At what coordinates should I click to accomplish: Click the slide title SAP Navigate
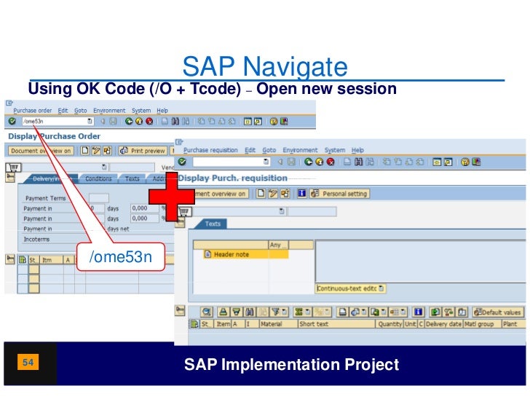coord(265,68)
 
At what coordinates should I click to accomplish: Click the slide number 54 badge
coord(29,362)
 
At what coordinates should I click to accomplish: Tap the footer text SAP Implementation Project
coord(291,364)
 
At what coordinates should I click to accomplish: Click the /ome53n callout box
coord(120,257)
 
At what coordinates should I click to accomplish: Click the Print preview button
coord(143,151)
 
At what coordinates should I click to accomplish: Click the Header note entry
coord(231,254)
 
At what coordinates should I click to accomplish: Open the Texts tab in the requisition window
coord(213,224)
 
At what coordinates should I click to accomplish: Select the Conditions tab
coord(98,178)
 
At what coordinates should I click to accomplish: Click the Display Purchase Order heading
coord(54,136)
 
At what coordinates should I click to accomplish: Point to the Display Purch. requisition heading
coord(232,178)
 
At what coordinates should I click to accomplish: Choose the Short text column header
coord(314,324)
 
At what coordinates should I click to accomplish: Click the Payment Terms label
coord(45,198)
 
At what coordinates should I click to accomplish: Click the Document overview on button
coord(40,151)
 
